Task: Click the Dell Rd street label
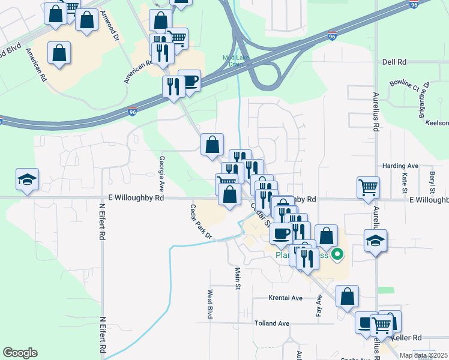point(394,62)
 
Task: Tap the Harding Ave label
point(400,166)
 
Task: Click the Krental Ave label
point(285,298)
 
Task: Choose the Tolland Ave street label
point(271,323)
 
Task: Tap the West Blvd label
point(210,304)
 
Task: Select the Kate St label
point(405,181)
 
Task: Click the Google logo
point(20,353)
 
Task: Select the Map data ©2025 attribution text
point(424,355)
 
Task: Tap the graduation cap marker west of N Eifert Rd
point(27,179)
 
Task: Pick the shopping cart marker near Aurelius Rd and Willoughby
point(368,187)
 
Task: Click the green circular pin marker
point(337,255)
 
